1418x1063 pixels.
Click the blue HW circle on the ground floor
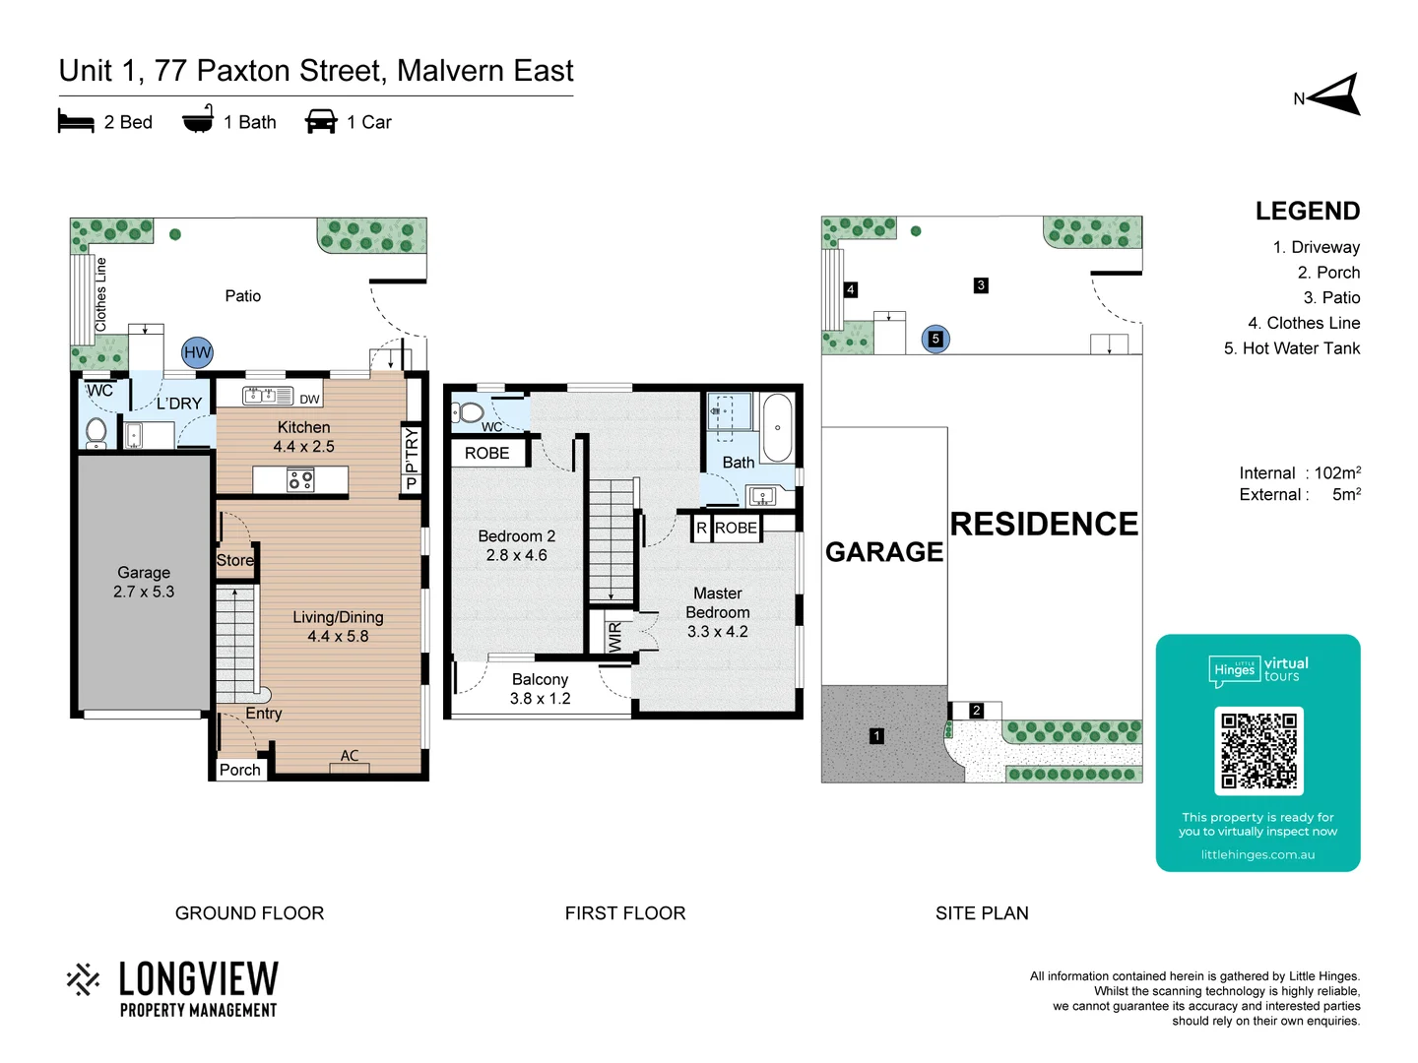(x=197, y=352)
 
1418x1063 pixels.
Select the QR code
(x=1258, y=751)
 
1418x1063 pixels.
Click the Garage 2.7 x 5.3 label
(x=144, y=582)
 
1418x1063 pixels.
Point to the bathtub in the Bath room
(x=778, y=428)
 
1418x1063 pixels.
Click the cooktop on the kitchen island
(x=300, y=480)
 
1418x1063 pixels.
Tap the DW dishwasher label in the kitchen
(x=309, y=399)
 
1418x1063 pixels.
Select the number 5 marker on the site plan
(x=935, y=339)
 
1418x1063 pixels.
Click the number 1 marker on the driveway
(x=876, y=735)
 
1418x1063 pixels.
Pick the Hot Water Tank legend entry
(x=1291, y=348)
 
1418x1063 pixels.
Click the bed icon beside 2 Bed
(x=76, y=122)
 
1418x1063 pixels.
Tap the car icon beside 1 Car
(x=321, y=122)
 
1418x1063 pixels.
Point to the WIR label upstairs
(x=615, y=636)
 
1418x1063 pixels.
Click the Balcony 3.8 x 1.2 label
(x=540, y=689)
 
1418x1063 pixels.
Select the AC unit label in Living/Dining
(x=350, y=756)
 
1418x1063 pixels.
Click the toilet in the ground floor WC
(x=97, y=430)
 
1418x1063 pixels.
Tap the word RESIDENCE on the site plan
(x=1044, y=524)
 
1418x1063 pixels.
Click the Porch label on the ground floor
(x=239, y=770)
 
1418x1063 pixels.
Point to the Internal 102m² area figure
(x=1300, y=473)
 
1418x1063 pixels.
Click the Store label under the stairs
(x=234, y=560)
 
